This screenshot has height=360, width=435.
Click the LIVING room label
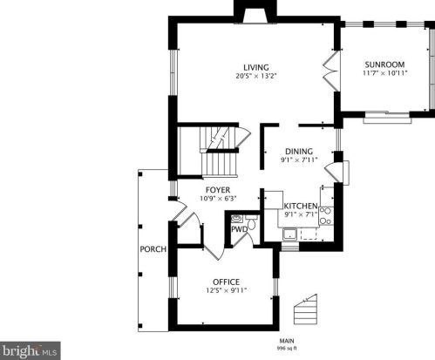[x=255, y=67]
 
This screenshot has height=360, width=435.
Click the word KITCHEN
[x=299, y=205]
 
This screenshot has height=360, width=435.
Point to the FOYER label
[x=217, y=189]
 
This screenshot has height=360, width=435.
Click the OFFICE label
[x=226, y=282]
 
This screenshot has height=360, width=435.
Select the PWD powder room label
[x=237, y=229]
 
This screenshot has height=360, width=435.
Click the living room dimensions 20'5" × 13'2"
[x=255, y=77]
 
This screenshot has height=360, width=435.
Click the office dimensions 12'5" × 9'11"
[x=226, y=290]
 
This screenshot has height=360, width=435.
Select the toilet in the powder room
[x=250, y=224]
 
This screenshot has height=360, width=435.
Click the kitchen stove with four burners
[x=327, y=215]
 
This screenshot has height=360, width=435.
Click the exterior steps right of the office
[x=304, y=309]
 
